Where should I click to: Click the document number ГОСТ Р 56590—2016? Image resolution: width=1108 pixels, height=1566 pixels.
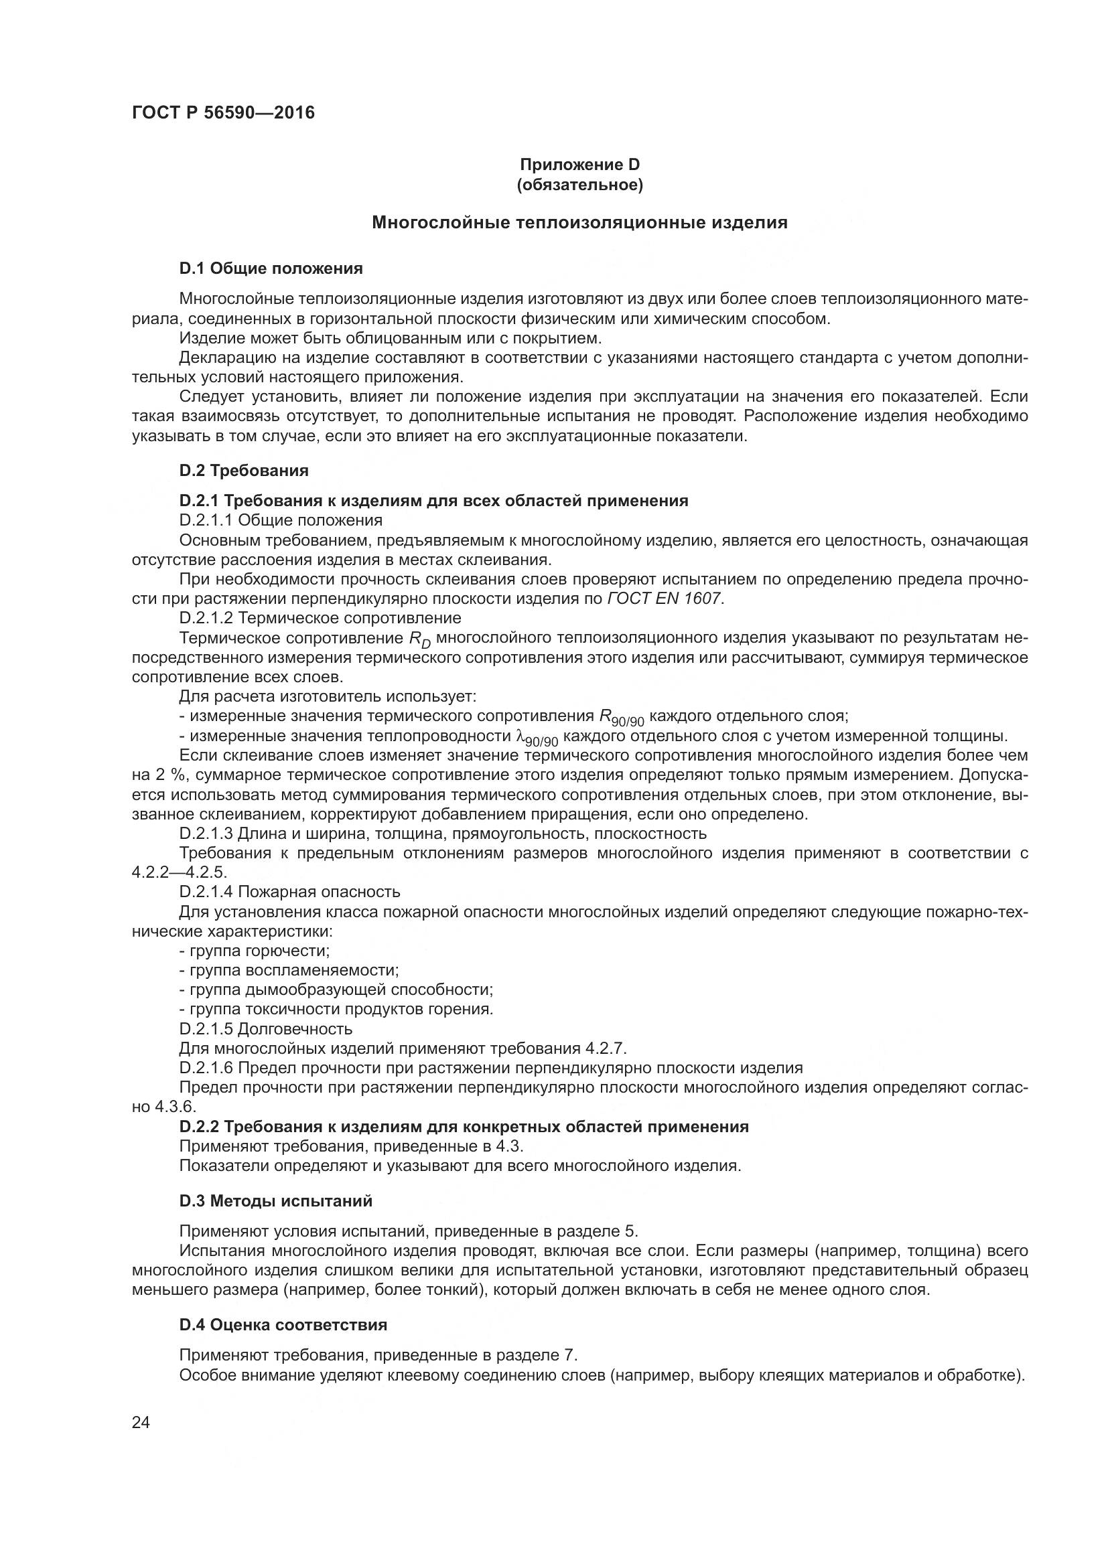(223, 113)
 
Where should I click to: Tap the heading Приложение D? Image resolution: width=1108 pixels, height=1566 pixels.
(580, 165)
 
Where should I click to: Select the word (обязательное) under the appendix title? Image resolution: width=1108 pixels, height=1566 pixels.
(580, 185)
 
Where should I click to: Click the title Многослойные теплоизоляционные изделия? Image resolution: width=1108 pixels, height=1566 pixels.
(579, 222)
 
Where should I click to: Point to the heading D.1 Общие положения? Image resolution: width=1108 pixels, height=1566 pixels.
(271, 268)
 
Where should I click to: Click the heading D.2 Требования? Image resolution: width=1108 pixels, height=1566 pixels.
(244, 471)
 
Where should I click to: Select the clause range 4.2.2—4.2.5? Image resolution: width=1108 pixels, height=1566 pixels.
(179, 872)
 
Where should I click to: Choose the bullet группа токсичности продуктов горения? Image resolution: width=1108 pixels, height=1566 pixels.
(340, 1009)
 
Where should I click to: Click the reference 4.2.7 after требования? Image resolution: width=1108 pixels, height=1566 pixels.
(605, 1048)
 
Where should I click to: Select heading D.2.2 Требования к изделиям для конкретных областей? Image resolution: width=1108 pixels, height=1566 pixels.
(464, 1127)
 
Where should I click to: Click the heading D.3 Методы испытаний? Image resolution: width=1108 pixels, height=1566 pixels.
(275, 1200)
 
